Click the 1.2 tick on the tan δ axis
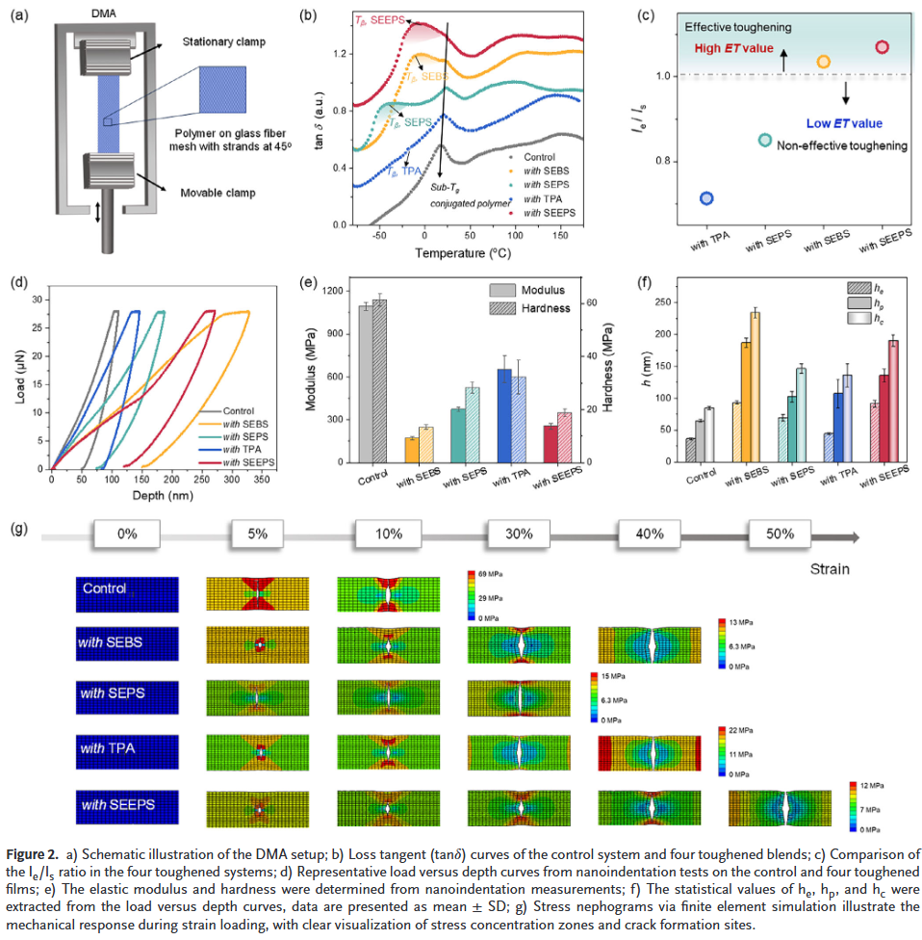(340, 54)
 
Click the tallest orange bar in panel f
(754, 387)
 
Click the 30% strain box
(518, 535)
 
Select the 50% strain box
(781, 535)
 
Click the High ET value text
(732, 48)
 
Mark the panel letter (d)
(16, 283)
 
